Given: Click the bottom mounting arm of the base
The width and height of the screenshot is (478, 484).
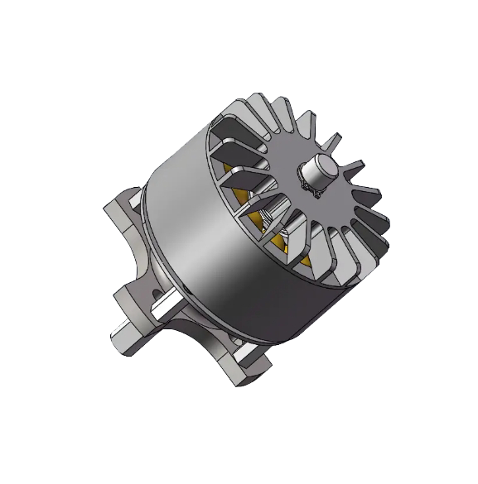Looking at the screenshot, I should (240, 364).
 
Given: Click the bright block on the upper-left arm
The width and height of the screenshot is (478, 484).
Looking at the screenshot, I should (137, 199).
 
